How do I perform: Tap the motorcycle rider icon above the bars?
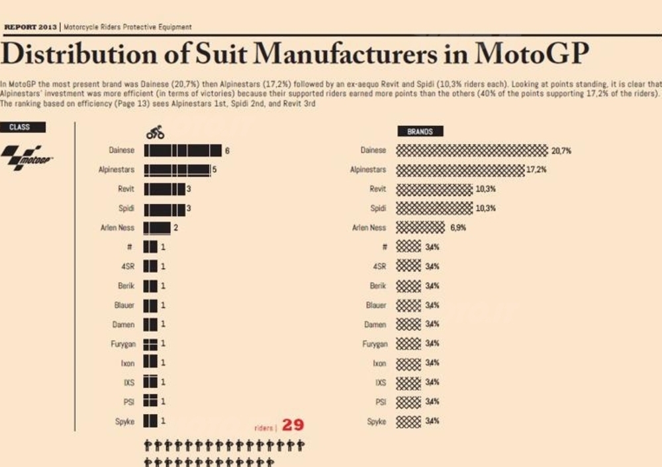point(156,132)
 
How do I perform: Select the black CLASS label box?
point(23,127)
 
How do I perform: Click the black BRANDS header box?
point(420,131)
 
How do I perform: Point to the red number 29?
point(293,425)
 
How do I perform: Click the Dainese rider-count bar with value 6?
point(183,151)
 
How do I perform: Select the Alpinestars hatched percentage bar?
point(460,170)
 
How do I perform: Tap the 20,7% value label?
point(561,151)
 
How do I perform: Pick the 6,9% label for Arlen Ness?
point(458,227)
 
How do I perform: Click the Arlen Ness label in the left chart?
point(117,227)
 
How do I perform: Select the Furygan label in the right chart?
point(375,344)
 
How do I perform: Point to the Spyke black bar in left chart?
point(151,421)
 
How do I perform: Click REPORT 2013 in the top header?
point(30,27)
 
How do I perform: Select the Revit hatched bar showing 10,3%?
point(434,189)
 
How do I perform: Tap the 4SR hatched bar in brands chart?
point(408,266)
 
